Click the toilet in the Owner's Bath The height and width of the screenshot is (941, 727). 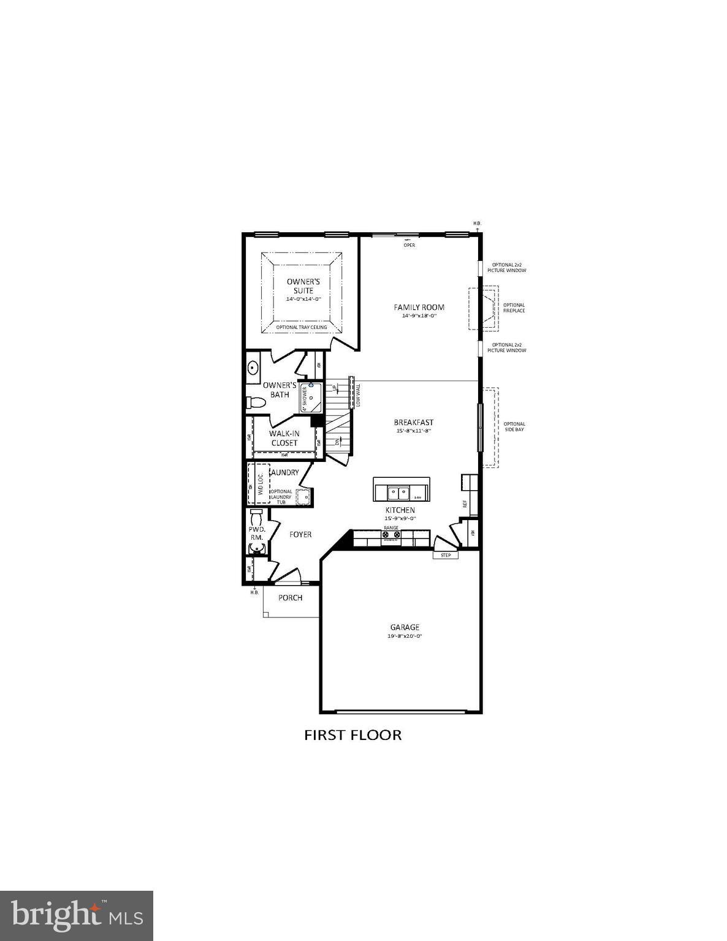tap(256, 403)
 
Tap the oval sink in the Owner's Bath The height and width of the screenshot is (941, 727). tap(253, 368)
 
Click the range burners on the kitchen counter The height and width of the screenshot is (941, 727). tap(391, 535)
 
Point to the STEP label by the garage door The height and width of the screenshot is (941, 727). tap(446, 555)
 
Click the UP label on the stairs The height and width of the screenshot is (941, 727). tap(334, 388)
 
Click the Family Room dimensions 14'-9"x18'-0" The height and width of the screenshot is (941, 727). tap(419, 316)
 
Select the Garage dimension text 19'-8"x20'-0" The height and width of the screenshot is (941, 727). tap(405, 636)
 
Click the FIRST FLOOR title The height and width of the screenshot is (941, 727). tap(353, 735)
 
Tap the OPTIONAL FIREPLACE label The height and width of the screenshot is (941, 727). tap(514, 308)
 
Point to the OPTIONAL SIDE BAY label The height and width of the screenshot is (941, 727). tap(514, 426)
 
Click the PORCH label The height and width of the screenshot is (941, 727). tap(291, 597)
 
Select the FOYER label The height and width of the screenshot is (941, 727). tap(300, 534)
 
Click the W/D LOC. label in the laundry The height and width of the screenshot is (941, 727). tap(261, 484)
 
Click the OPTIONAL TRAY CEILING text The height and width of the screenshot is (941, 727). tap(302, 327)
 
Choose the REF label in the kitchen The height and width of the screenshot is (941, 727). tap(465, 504)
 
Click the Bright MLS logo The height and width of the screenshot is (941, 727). tap(77, 915)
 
